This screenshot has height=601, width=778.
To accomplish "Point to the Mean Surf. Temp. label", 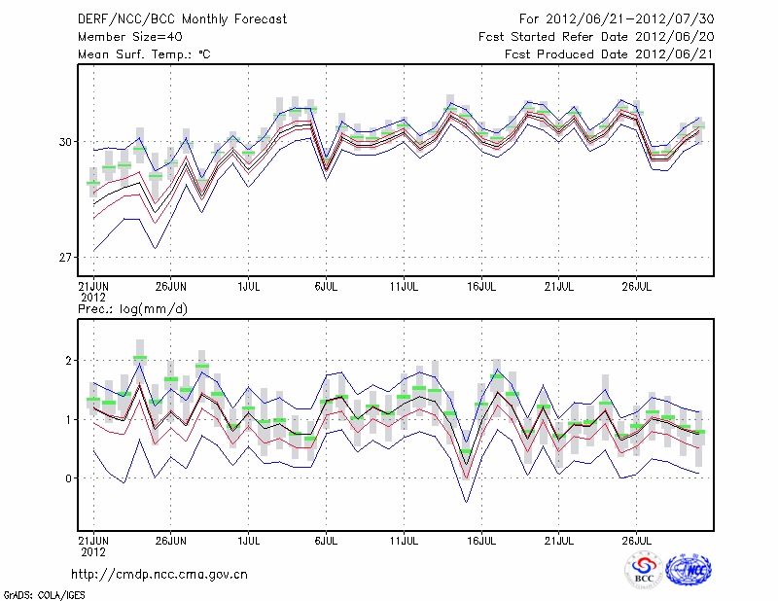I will [x=144, y=54].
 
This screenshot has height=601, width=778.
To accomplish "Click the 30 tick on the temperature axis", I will [x=65, y=142].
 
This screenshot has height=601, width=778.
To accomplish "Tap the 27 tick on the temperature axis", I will [x=65, y=258].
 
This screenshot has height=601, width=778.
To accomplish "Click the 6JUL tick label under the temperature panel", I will [x=327, y=287].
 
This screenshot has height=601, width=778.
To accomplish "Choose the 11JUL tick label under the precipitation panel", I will [x=405, y=538].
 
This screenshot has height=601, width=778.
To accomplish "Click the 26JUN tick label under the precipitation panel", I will [x=171, y=538].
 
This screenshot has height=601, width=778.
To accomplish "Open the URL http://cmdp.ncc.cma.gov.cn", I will [x=160, y=574].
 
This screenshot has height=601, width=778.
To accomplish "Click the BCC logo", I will [x=644, y=570].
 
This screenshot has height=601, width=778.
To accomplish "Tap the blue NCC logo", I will [x=689, y=570].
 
